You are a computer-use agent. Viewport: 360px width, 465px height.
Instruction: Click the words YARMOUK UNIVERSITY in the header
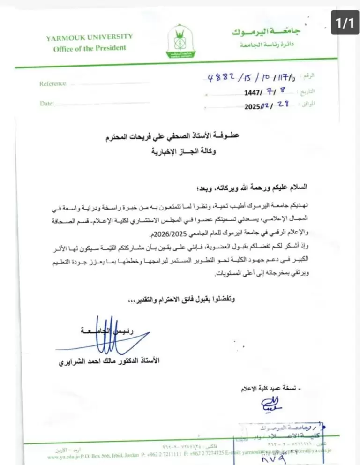(90, 37)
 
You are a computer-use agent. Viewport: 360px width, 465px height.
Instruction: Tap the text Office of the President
(90, 48)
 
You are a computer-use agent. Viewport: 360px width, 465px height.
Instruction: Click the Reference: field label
(53, 84)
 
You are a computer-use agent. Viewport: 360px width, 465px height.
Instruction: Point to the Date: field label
(47, 104)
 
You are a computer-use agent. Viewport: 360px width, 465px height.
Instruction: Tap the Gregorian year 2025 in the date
(256, 106)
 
